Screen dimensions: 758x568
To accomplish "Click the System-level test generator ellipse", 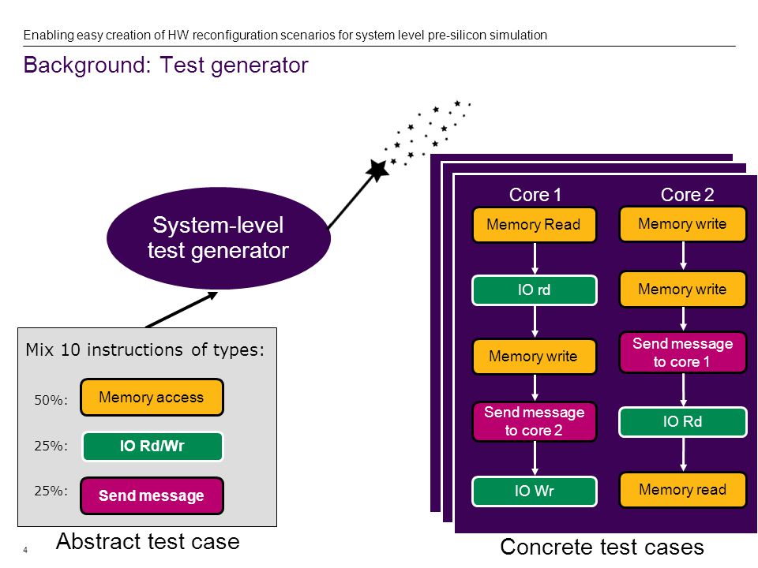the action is [219, 238].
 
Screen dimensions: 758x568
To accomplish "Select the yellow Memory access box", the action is [152, 398].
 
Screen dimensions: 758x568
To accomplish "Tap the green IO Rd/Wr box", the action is [152, 447].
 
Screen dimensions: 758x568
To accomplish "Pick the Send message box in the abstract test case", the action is [152, 495].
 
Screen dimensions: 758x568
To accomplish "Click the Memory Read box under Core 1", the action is [535, 225].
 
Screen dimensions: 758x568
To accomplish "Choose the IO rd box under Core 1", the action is [535, 290].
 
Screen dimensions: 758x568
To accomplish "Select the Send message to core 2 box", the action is [535, 421].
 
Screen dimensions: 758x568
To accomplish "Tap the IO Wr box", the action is [535, 491].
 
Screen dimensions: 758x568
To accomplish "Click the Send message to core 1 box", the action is [682, 353].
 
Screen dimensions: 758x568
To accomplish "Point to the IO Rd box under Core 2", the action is [682, 421].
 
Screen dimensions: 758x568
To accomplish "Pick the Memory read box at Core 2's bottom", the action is [682, 490].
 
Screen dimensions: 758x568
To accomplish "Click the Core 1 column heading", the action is [535, 195].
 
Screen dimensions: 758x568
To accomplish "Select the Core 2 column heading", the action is [687, 195].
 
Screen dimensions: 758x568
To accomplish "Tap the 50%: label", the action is [51, 400].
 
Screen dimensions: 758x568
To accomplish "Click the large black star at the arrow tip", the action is [377, 170].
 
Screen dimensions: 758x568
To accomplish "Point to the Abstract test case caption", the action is [148, 541].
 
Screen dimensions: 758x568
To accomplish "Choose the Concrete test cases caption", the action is [602, 547].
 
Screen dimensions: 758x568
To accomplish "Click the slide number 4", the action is [25, 550].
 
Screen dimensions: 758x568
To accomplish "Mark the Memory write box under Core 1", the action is [535, 357].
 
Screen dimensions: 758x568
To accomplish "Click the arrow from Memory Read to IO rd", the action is [535, 259].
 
